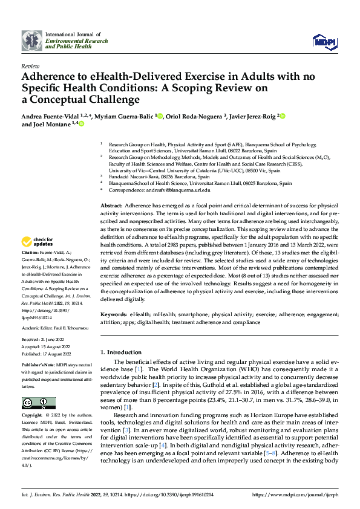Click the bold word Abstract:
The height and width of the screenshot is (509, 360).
[113, 206]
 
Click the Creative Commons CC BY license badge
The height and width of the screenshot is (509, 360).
[38, 403]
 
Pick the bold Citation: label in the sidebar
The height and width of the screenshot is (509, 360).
[30, 251]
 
